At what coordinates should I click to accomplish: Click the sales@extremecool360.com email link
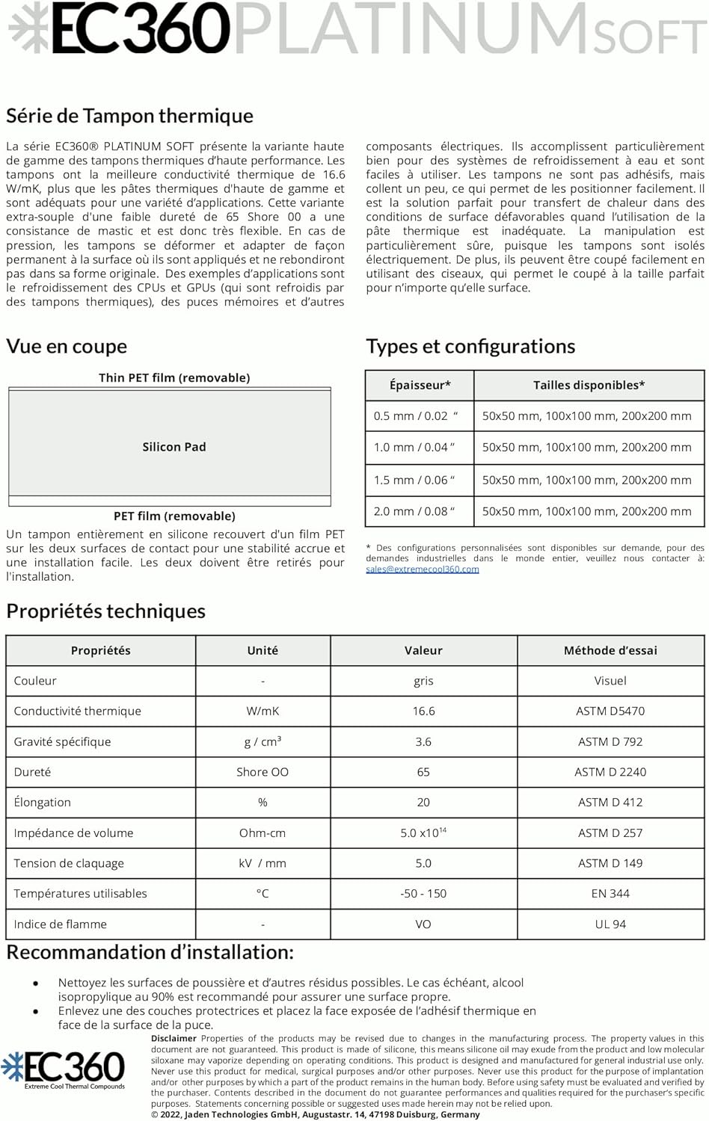(x=422, y=569)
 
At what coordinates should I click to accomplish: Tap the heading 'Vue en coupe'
(x=67, y=346)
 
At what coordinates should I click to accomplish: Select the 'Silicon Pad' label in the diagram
(x=174, y=447)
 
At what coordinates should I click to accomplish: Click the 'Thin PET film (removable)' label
(x=174, y=377)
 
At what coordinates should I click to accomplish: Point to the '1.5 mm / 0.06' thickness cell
(x=414, y=480)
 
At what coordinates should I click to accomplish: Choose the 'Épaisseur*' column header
(x=420, y=385)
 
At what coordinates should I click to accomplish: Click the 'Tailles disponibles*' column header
(x=589, y=385)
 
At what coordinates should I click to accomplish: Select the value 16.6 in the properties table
(x=423, y=711)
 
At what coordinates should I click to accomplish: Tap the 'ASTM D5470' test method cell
(x=610, y=711)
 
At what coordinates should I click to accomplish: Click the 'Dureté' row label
(x=32, y=772)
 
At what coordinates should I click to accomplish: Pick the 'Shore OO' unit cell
(x=263, y=772)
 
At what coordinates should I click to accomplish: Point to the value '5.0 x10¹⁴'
(x=423, y=833)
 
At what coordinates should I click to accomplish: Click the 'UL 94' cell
(x=610, y=924)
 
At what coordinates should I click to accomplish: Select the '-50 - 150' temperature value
(x=423, y=893)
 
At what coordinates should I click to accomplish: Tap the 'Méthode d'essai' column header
(x=610, y=650)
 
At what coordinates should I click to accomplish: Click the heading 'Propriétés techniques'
(x=105, y=611)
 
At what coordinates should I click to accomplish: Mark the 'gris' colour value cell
(x=423, y=681)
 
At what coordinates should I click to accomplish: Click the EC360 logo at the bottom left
(x=64, y=1069)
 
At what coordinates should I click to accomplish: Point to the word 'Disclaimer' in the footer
(x=174, y=1038)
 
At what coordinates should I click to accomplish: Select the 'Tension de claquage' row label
(x=69, y=863)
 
